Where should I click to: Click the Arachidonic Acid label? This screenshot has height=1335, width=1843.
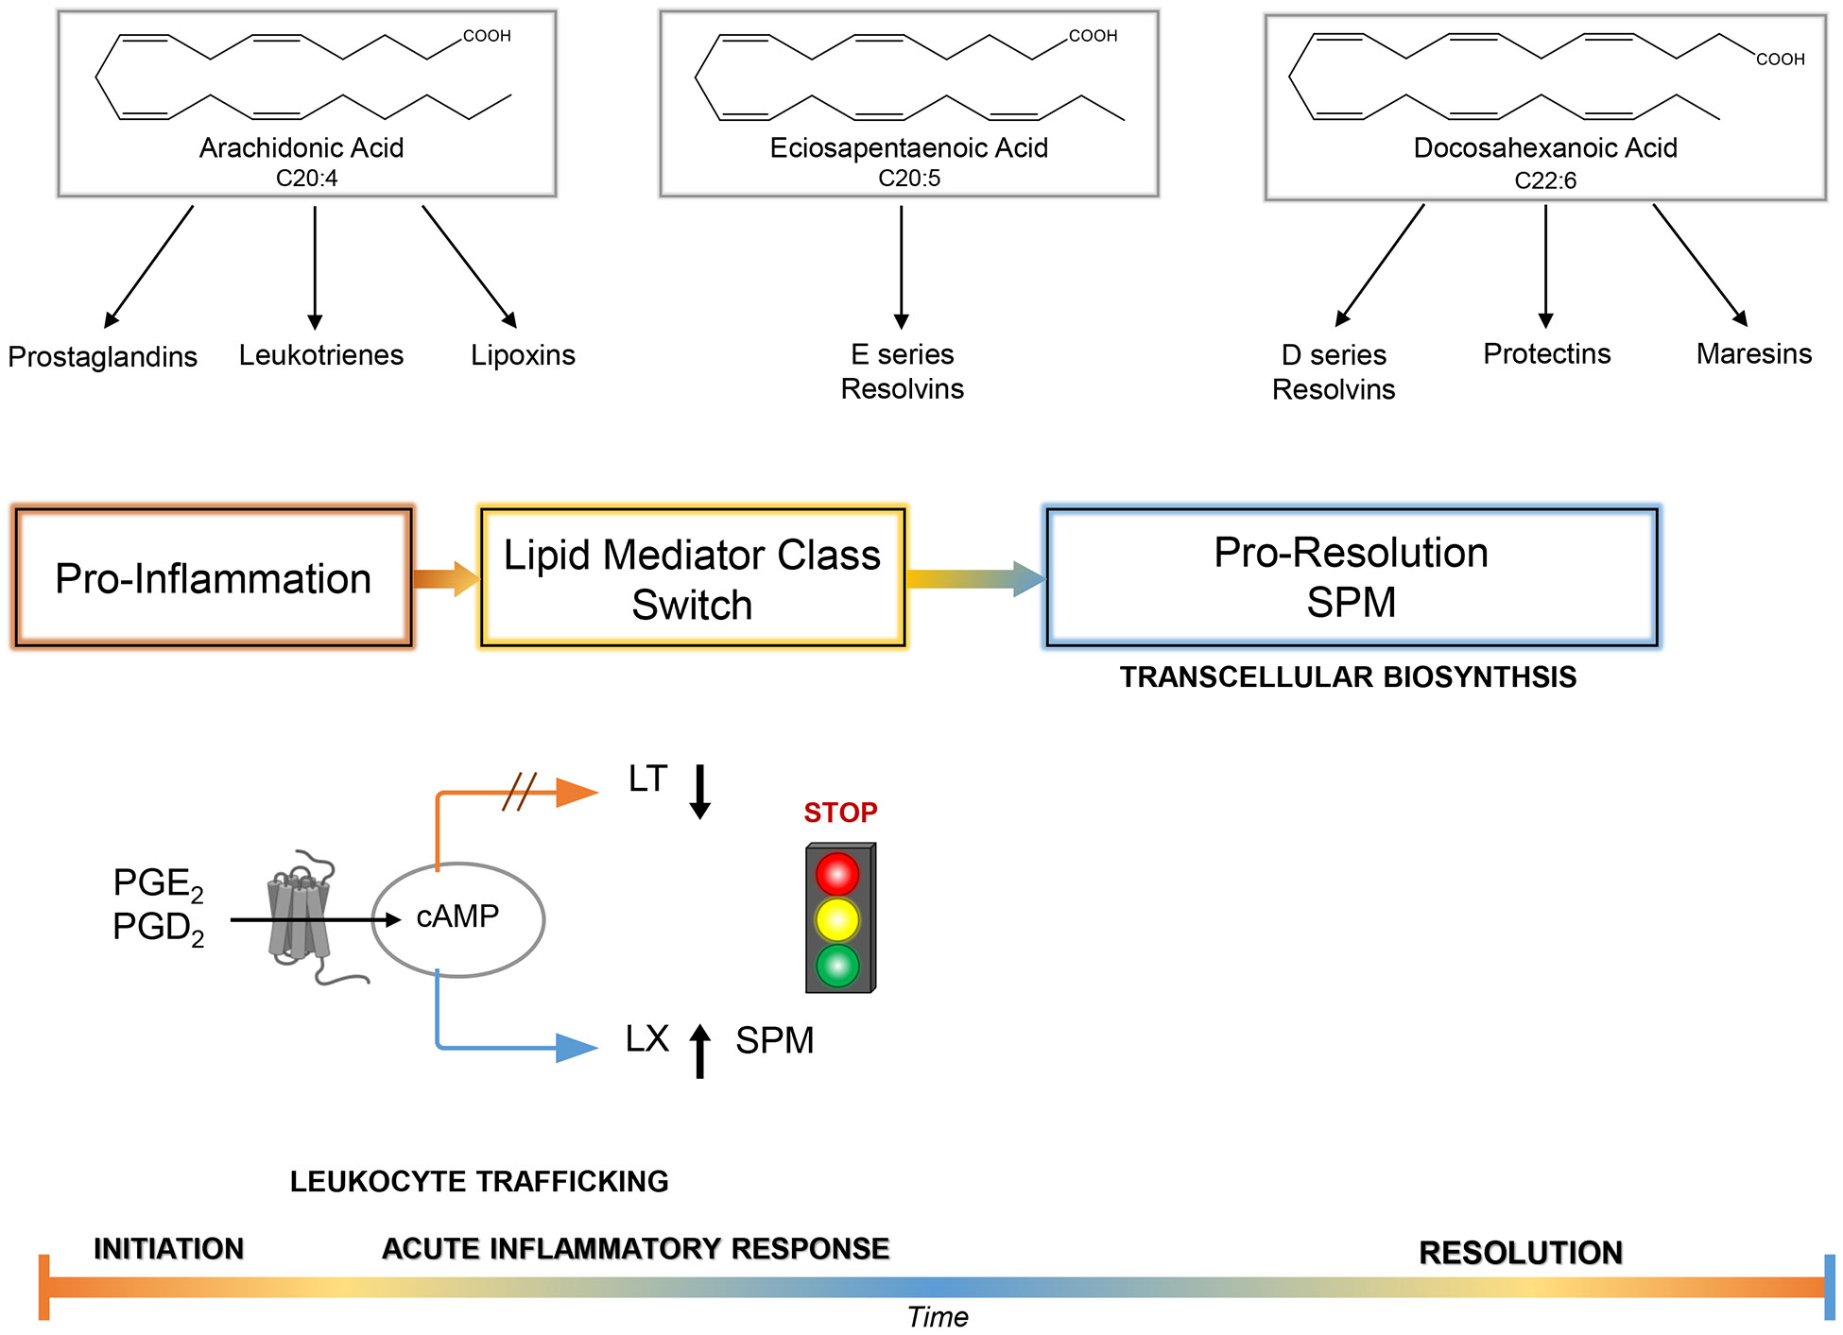[x=301, y=147]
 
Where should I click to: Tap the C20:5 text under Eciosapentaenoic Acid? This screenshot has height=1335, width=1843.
[x=909, y=179]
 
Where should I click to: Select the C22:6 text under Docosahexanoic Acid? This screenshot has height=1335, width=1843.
[x=1545, y=180]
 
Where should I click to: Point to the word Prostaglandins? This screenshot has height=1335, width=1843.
[x=102, y=357]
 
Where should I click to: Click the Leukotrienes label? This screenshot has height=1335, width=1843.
[x=320, y=355]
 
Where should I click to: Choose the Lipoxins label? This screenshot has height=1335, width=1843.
[x=523, y=355]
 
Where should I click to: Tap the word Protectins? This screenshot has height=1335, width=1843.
[x=1546, y=354]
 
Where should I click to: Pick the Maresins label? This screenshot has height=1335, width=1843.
[x=1753, y=354]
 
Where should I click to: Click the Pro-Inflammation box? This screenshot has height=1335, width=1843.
[x=214, y=578]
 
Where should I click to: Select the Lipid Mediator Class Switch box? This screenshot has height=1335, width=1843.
[x=693, y=578]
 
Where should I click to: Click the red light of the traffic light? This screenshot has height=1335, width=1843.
[x=837, y=874]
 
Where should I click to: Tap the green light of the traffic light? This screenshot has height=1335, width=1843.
[x=837, y=966]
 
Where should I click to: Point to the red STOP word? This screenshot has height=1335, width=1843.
[x=840, y=813]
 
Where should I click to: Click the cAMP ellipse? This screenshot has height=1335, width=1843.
[x=458, y=918]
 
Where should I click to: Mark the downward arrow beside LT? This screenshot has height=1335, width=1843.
[x=700, y=792]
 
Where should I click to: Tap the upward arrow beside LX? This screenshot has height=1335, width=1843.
[x=700, y=1051]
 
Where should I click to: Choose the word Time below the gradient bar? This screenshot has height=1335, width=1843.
[x=938, y=1317]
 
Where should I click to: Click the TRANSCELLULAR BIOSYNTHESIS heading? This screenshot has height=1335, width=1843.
[x=1348, y=677]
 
